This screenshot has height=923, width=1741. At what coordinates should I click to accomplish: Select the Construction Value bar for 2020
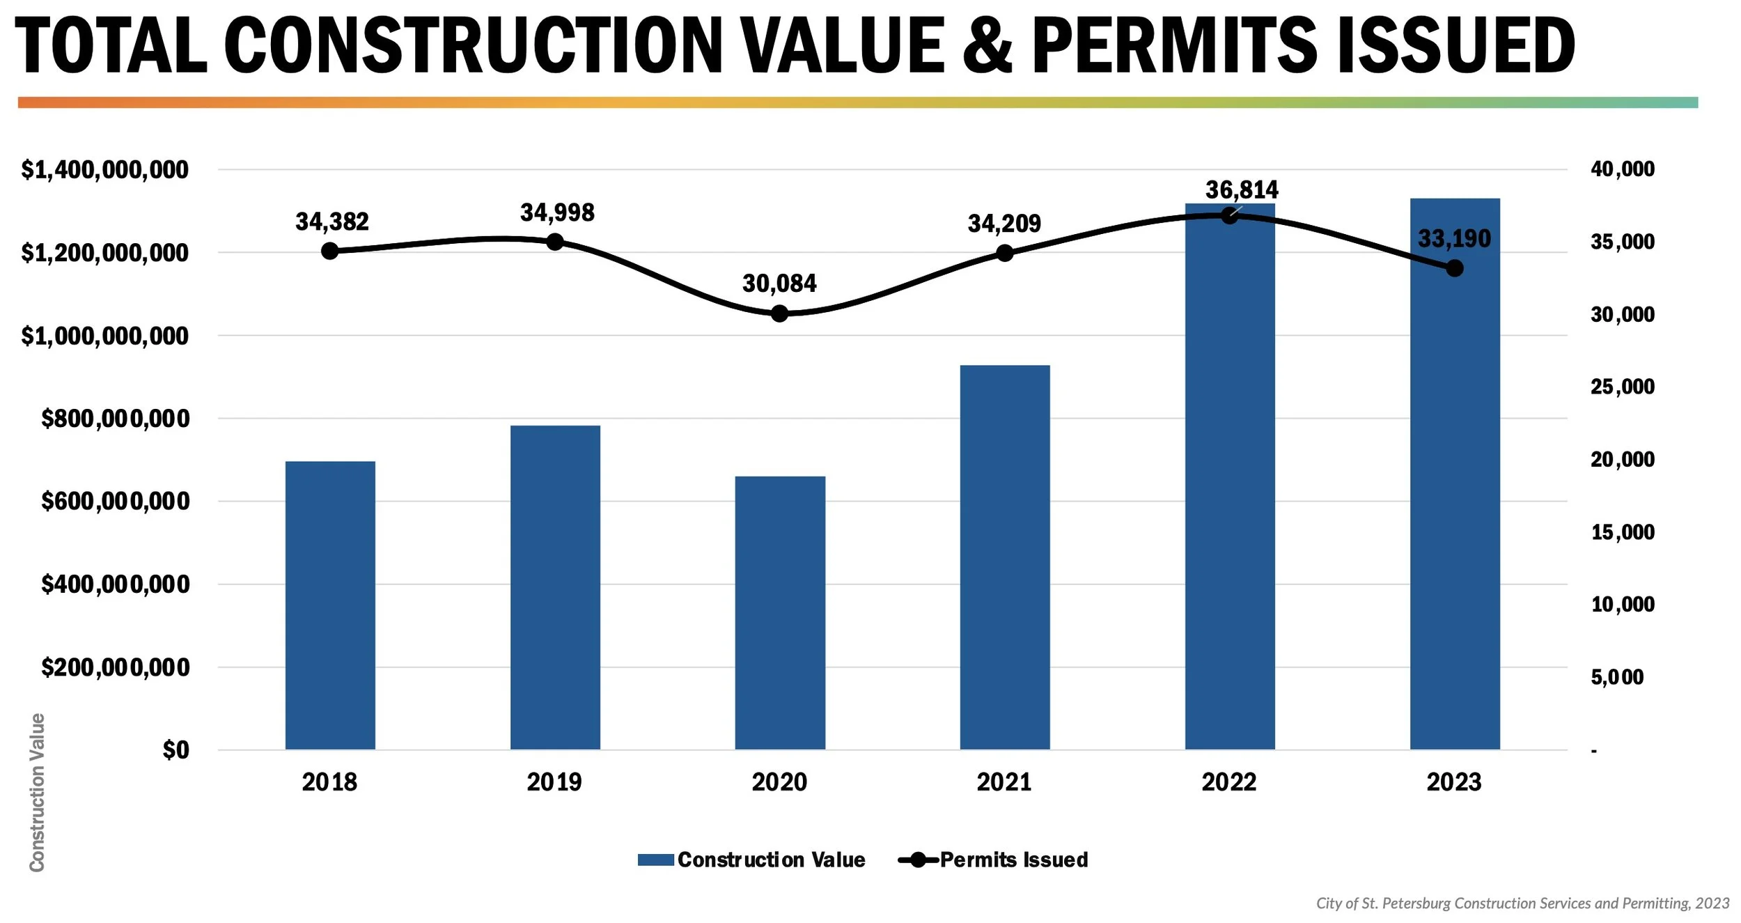[780, 613]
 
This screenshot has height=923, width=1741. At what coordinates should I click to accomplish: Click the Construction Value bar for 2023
[1455, 488]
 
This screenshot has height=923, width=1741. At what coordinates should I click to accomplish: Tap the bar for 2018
[330, 606]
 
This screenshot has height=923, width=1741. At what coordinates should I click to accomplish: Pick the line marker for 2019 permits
[555, 242]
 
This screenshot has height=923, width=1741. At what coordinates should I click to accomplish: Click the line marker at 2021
[1004, 253]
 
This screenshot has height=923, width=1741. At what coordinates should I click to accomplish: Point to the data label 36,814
[1242, 189]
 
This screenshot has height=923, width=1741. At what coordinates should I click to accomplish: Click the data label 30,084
[779, 284]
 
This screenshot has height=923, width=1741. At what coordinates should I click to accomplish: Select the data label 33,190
[1454, 239]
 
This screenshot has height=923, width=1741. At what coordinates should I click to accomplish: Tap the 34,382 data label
[331, 222]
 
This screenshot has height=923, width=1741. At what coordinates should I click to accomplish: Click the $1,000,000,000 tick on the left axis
[104, 336]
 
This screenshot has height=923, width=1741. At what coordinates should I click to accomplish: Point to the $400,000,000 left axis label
[115, 584]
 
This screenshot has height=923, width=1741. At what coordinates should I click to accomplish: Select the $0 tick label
[175, 750]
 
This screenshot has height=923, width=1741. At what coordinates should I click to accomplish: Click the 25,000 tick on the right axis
[1622, 387]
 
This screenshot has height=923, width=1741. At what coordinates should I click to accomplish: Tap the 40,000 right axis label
[1622, 169]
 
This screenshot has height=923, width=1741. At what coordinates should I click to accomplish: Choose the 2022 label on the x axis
[1228, 782]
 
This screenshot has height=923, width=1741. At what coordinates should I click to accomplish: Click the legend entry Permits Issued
[1013, 860]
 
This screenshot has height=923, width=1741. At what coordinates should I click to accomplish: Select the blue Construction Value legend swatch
[655, 860]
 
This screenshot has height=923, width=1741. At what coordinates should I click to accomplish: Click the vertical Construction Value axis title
[37, 792]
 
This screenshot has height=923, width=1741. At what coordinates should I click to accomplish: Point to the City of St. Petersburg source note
[1522, 903]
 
